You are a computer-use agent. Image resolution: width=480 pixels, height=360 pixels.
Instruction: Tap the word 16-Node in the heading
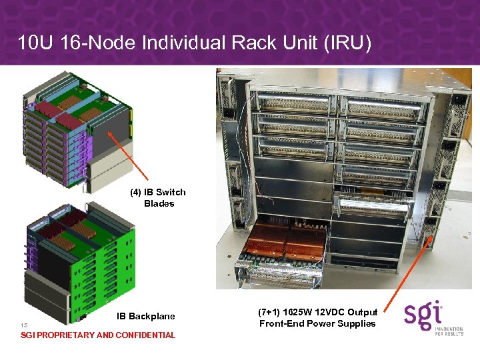101,44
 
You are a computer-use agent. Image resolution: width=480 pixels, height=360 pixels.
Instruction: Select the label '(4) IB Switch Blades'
158,198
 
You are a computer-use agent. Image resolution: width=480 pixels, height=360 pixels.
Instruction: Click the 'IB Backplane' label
146,316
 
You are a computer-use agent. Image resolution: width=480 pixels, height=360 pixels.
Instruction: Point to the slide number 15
24,325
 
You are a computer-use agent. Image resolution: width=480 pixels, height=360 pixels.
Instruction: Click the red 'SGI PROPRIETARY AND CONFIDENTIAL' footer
98,335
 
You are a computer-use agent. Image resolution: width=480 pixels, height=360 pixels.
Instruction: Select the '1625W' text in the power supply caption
304,312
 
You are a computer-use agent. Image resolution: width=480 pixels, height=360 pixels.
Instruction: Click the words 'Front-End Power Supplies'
317,323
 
